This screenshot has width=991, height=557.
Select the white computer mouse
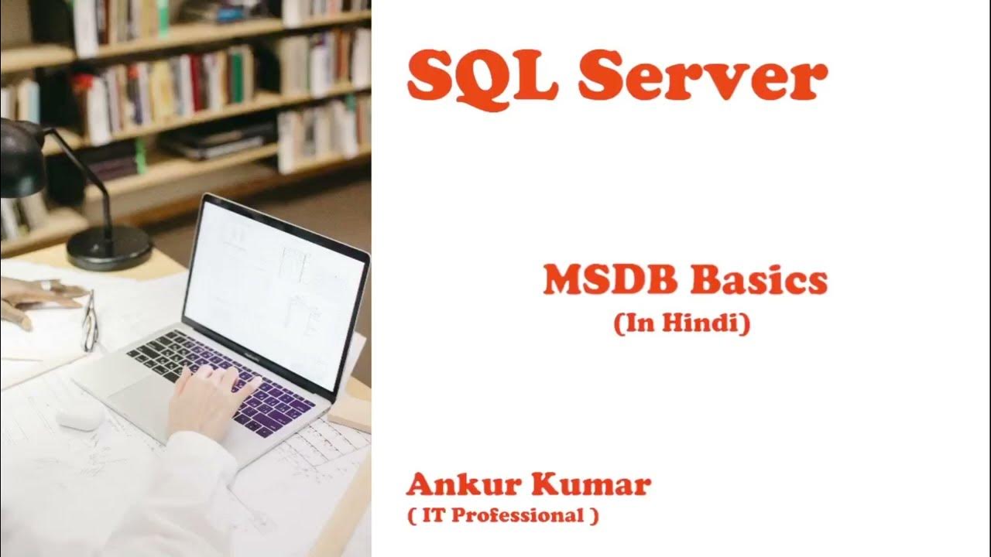80,417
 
